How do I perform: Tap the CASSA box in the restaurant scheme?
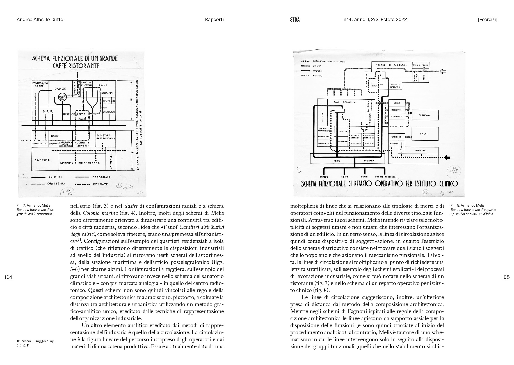[x=82, y=119]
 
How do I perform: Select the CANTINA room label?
[x=42, y=160]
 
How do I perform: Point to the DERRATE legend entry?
[x=100, y=184]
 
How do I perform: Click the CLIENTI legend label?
[x=55, y=177]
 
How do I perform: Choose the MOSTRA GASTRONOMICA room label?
[x=106, y=137]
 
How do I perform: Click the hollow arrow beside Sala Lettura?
[x=443, y=71]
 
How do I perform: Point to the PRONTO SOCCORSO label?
[x=385, y=177]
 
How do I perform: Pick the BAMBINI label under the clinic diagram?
[x=324, y=177]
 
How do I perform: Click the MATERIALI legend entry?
[x=318, y=76]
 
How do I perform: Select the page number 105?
[x=506, y=277]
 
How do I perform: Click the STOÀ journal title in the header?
[x=295, y=20]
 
